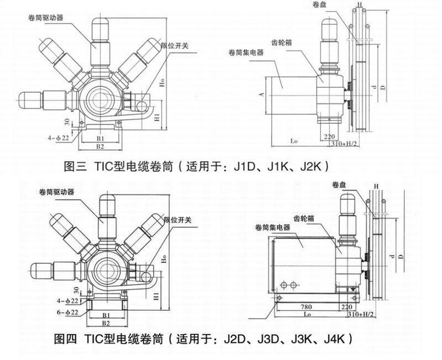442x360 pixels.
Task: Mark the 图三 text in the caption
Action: pyautogui.click(x=75, y=165)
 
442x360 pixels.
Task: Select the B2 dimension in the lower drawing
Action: pyautogui.click(x=106, y=321)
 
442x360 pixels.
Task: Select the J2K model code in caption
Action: pyautogui.click(x=318, y=165)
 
